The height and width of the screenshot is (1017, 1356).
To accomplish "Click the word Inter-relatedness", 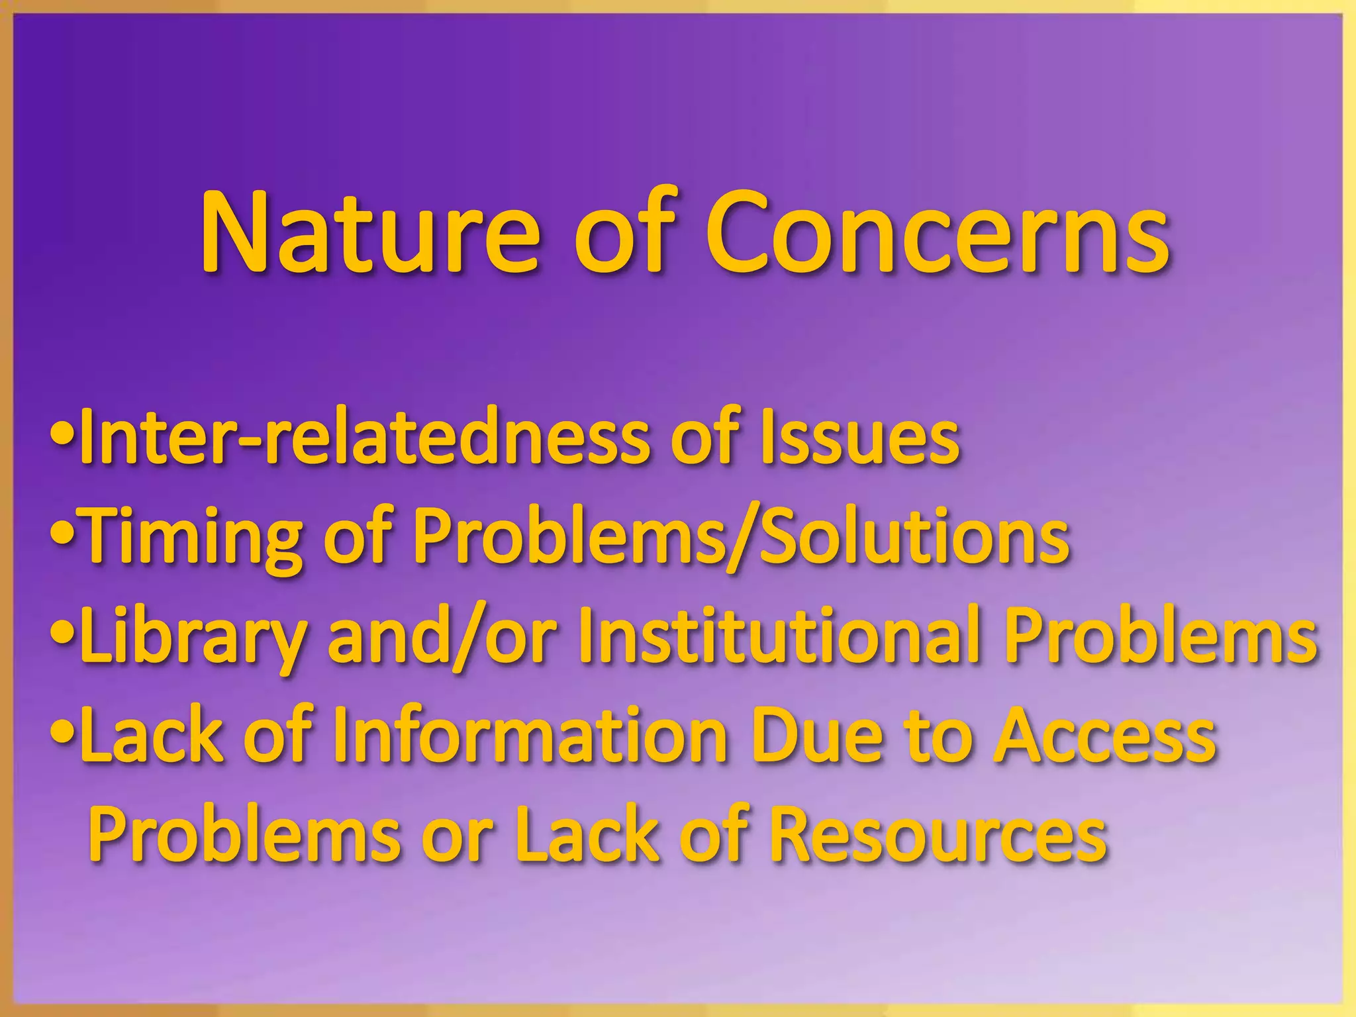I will [x=368, y=438].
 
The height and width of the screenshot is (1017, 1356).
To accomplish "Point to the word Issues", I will [x=859, y=438].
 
